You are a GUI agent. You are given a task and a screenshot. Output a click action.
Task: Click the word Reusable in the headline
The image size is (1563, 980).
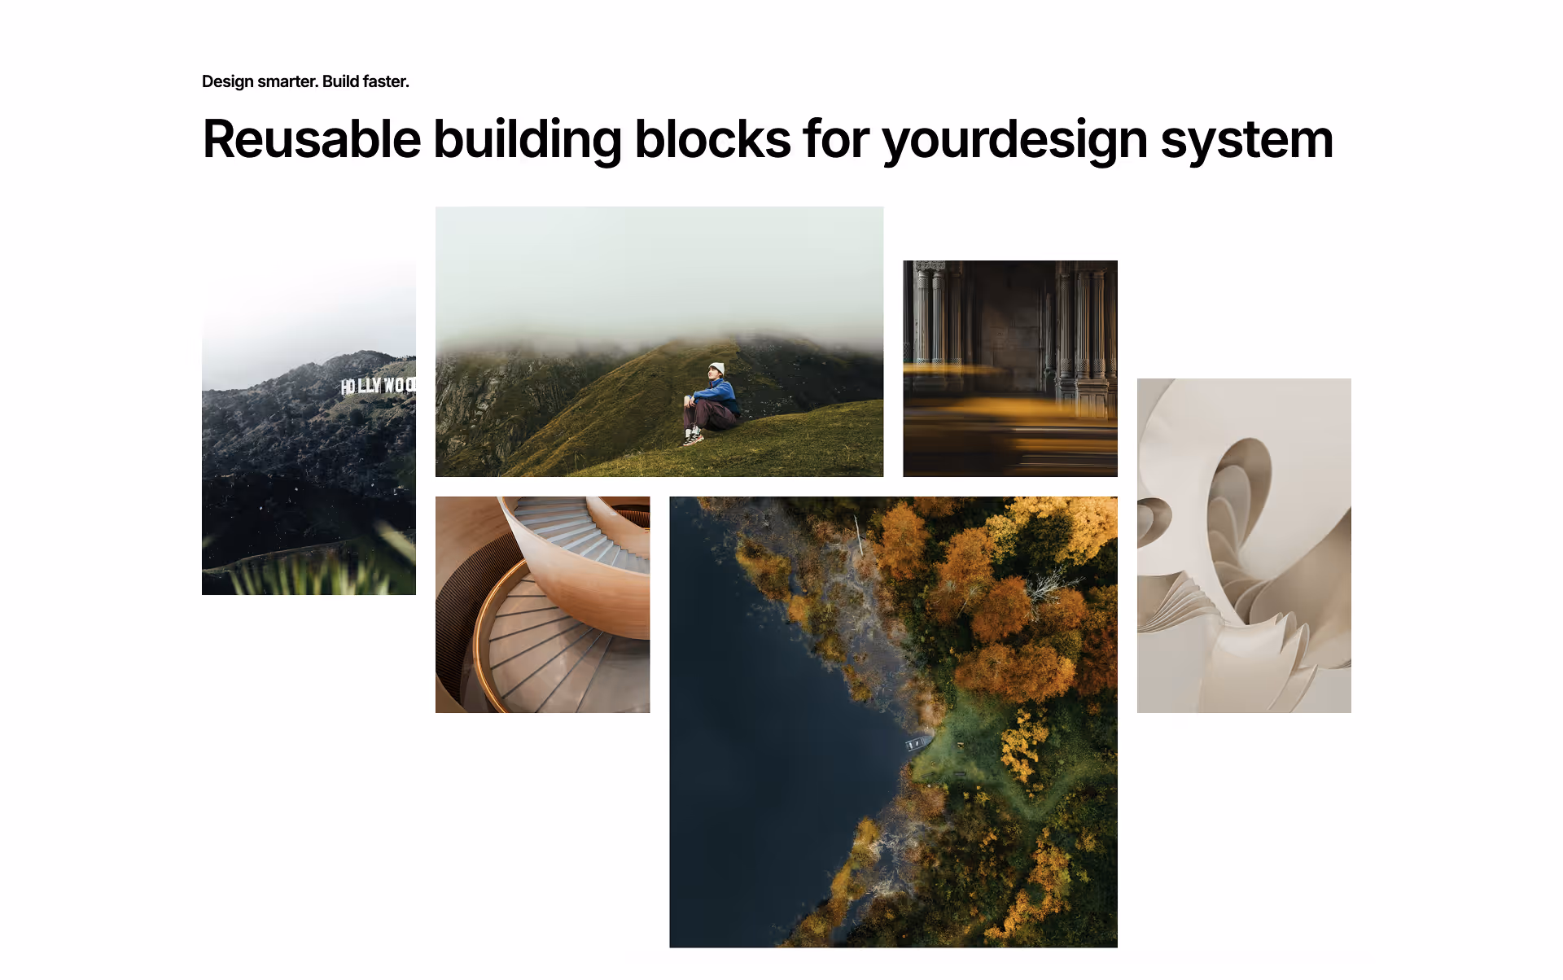pos(311,139)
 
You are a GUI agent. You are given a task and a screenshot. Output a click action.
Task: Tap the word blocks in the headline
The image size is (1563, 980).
pos(712,139)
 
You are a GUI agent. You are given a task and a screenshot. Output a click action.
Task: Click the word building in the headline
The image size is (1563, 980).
pos(528,139)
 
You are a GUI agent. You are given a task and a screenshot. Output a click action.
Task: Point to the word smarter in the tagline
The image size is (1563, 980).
pos(287,81)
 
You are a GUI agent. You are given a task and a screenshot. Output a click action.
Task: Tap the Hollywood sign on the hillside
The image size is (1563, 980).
pos(378,385)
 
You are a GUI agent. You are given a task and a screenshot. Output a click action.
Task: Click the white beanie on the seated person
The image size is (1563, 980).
pos(716,368)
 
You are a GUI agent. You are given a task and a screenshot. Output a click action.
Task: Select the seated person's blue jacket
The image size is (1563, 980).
pos(718,392)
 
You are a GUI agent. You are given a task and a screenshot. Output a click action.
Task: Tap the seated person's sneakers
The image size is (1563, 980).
pos(694,438)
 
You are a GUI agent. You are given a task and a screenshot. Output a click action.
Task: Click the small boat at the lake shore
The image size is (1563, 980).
pos(917,743)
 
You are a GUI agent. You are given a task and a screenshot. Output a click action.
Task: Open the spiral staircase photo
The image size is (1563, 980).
pos(542,604)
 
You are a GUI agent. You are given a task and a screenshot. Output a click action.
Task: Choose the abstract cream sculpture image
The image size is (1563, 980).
pos(1243,545)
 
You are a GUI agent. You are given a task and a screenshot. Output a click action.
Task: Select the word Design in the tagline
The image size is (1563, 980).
pos(227,81)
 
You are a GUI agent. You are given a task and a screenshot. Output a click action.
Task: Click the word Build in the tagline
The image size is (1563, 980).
pos(340,81)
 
